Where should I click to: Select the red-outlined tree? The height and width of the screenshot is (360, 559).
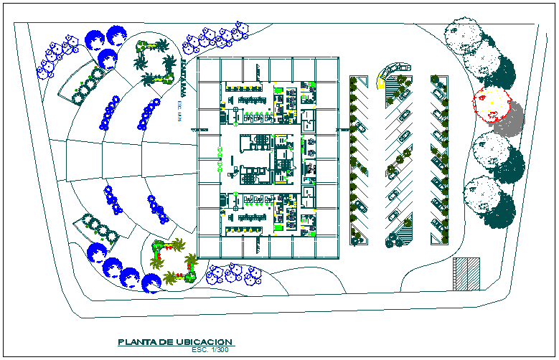pos(491,105)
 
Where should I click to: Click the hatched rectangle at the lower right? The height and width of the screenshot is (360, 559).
pos(466,273)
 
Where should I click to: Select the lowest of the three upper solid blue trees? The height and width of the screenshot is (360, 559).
pos(108,59)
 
